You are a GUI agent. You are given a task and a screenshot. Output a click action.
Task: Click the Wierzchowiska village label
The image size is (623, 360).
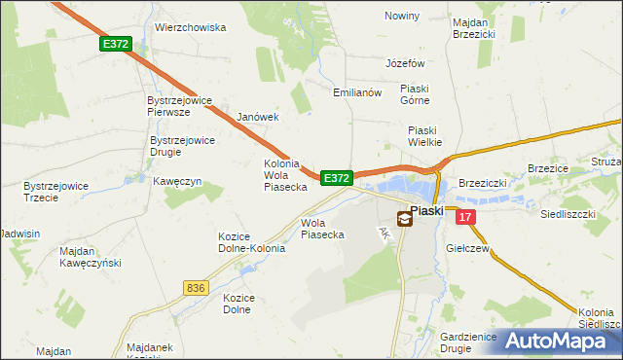pyautogui.click(x=190, y=28)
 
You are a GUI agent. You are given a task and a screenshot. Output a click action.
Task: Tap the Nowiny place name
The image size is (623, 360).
pyautogui.click(x=402, y=17)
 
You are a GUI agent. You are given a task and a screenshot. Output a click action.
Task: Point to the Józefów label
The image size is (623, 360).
pyautogui.click(x=406, y=63)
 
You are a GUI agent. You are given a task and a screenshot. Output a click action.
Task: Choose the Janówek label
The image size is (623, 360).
pyautogui.click(x=258, y=117)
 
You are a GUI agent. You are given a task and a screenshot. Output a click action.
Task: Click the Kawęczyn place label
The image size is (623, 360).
pyautogui.click(x=176, y=181)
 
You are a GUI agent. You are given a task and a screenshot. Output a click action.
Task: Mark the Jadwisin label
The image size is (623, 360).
pyautogui.click(x=20, y=234)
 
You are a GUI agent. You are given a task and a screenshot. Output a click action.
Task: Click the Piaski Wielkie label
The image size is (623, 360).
pyautogui.click(x=424, y=135)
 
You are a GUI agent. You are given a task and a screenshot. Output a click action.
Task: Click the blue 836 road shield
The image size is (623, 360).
pyautogui.click(x=195, y=288)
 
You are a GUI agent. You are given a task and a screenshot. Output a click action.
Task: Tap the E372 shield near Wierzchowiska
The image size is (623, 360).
pyautogui.click(x=114, y=45)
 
